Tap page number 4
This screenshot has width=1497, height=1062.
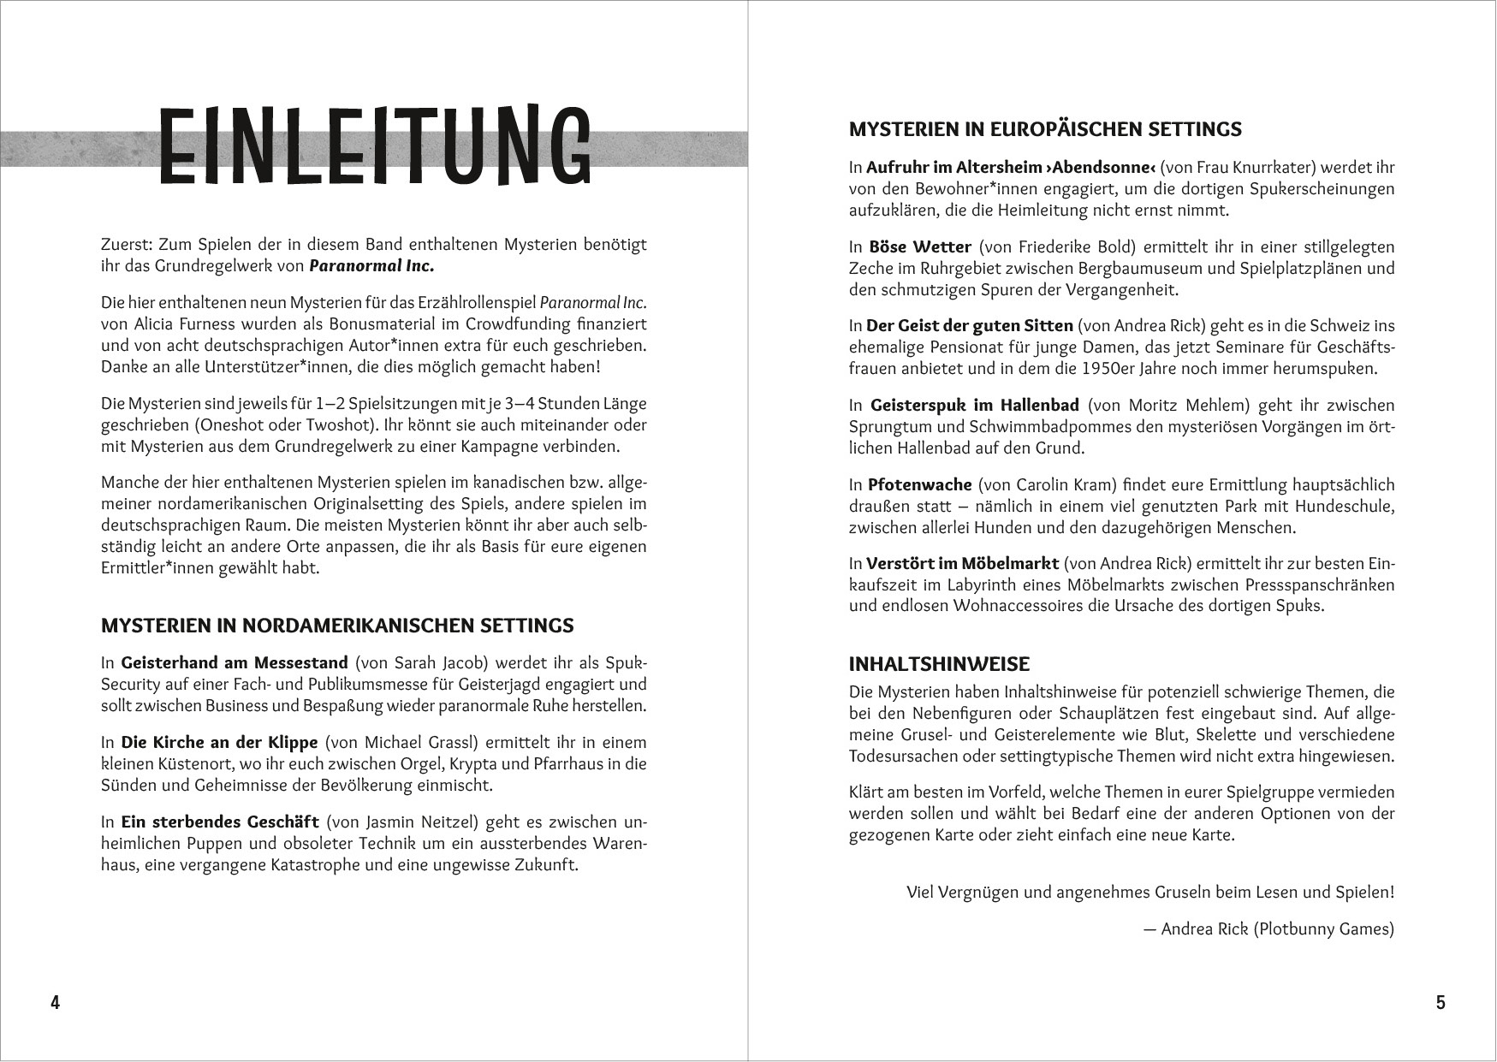55,1003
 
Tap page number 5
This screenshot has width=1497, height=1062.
1441,1003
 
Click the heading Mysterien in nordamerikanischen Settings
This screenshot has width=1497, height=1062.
337,626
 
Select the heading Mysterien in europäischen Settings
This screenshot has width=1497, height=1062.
1045,129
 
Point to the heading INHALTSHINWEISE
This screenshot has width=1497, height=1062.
939,664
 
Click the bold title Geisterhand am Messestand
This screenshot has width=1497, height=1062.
235,663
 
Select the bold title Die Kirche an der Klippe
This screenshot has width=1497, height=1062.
219,743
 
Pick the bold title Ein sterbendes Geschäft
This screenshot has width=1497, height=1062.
220,822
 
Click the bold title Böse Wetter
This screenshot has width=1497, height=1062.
919,247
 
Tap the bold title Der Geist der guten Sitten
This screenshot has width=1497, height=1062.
969,326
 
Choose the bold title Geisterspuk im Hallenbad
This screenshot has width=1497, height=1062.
974,406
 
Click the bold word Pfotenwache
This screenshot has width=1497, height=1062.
919,485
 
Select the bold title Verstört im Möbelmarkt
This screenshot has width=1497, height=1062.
962,564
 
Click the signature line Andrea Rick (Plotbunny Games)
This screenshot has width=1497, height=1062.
1277,929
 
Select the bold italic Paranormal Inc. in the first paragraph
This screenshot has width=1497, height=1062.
371,266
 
